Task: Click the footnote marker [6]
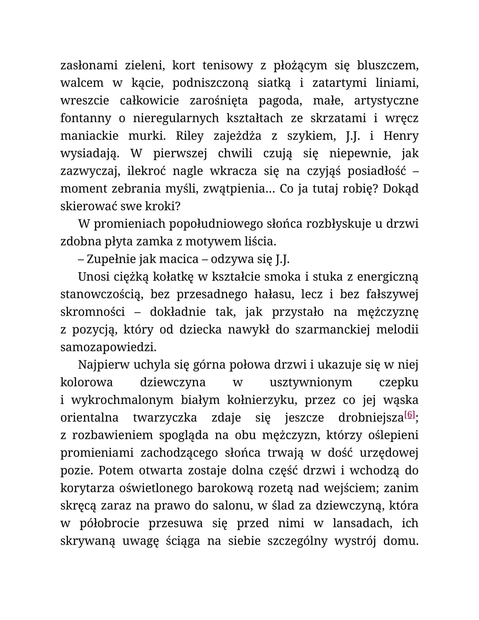coord(410,415)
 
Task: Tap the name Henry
coord(401,136)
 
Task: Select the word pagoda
coord(280,101)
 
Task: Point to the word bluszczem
coord(388,66)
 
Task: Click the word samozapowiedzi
coord(108,347)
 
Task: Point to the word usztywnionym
coord(311,383)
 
